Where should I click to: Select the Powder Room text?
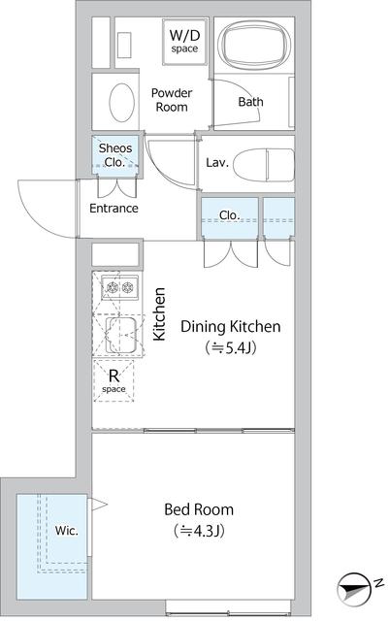172,100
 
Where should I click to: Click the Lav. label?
217,162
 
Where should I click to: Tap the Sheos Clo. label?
115,155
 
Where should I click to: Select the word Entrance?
113,209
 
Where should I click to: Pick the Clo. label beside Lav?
230,215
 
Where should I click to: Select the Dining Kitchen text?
231,327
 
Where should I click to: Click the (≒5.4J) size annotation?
231,347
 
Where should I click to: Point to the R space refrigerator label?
113,380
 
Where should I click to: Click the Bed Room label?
199,509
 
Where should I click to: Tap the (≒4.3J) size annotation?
199,531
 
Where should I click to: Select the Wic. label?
67,531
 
